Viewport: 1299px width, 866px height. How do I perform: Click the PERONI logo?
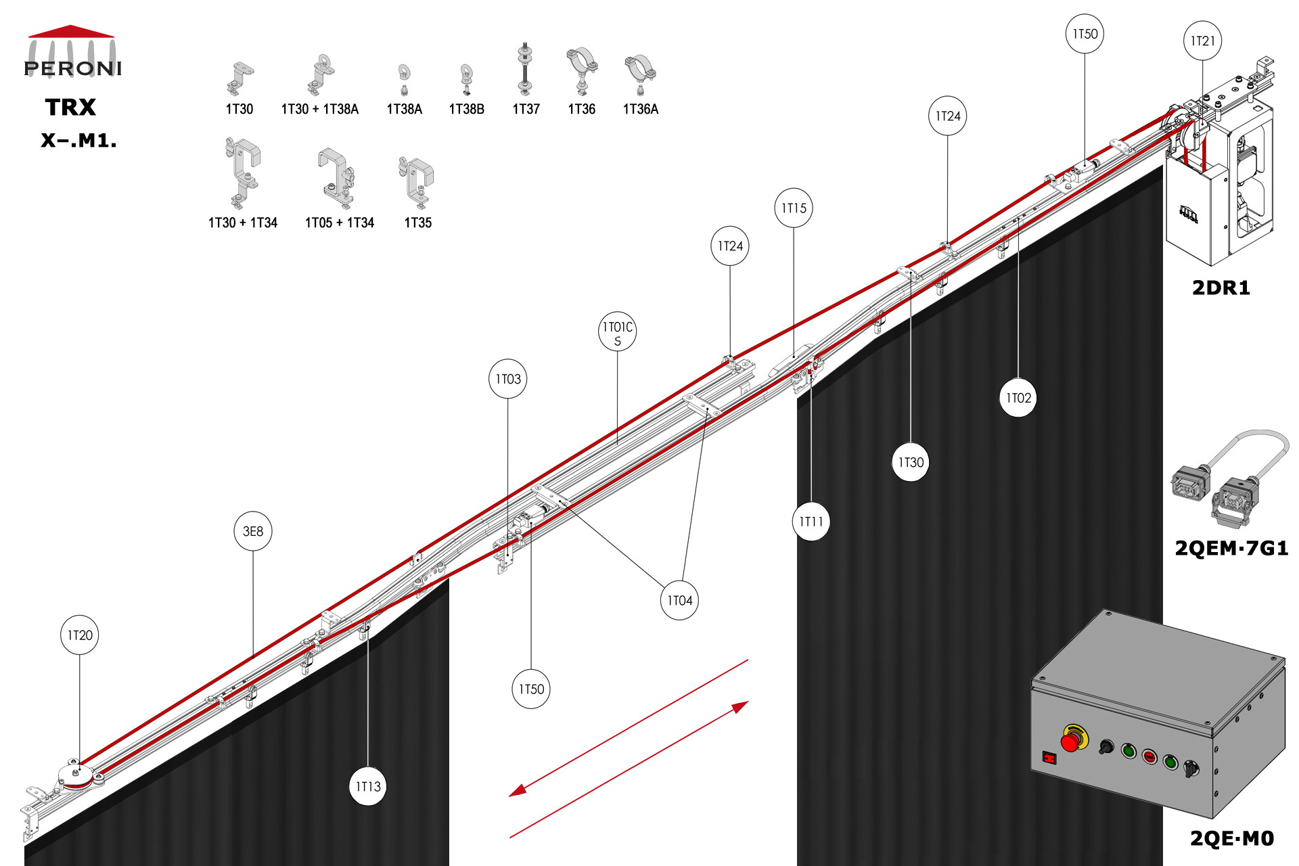(x=72, y=52)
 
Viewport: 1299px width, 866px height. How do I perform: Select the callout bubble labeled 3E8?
(x=253, y=531)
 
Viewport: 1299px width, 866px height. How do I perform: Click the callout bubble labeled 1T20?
(x=80, y=635)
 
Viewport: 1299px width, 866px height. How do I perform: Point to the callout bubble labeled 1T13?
(x=368, y=786)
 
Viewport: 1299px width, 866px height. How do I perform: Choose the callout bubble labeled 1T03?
(x=508, y=379)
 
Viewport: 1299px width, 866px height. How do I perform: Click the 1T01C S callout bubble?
(x=618, y=332)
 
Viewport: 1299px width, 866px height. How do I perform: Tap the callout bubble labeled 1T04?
(x=680, y=600)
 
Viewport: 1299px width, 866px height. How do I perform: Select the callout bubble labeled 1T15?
(x=794, y=208)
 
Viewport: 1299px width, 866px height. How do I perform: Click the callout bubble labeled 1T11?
(x=811, y=521)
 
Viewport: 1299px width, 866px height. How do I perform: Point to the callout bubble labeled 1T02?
(x=1018, y=398)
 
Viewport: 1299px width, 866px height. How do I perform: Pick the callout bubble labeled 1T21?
(x=1203, y=41)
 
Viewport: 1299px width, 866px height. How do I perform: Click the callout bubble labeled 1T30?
(x=911, y=462)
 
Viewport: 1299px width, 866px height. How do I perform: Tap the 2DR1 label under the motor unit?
(x=1221, y=288)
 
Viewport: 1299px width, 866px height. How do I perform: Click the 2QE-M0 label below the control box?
(x=1232, y=838)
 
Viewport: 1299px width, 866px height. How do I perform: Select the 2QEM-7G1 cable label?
(x=1231, y=548)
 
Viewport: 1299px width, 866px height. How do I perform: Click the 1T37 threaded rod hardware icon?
(x=524, y=70)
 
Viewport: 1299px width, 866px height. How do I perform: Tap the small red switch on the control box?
(x=1049, y=758)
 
